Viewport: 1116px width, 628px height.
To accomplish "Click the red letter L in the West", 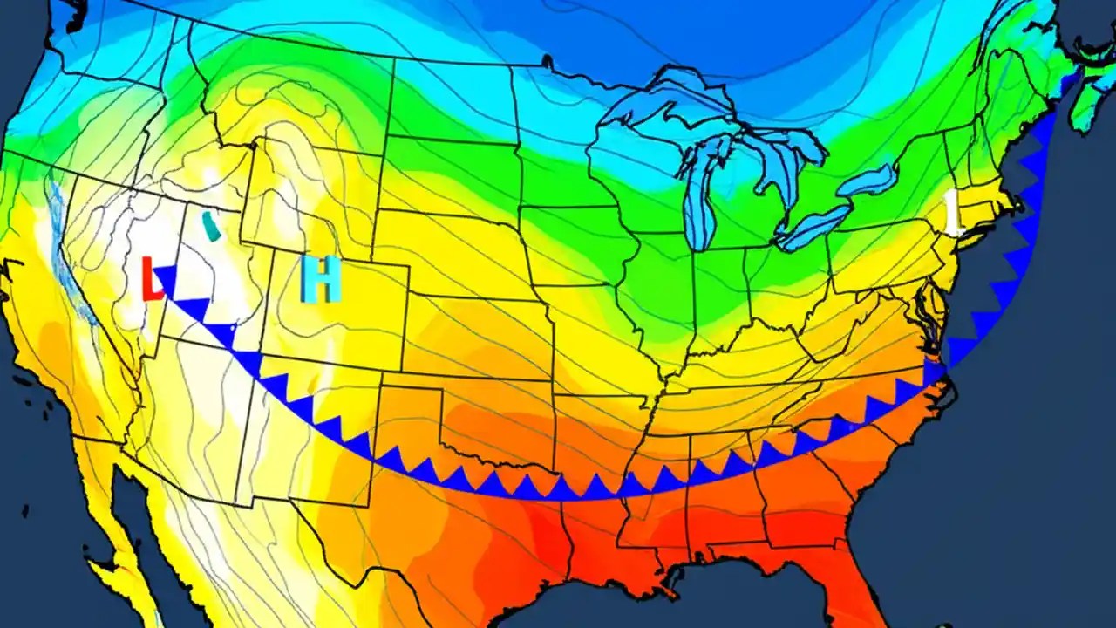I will coord(153,279).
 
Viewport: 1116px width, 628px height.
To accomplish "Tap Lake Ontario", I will coord(867,181).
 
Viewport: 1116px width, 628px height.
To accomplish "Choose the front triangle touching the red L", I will coord(166,277).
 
